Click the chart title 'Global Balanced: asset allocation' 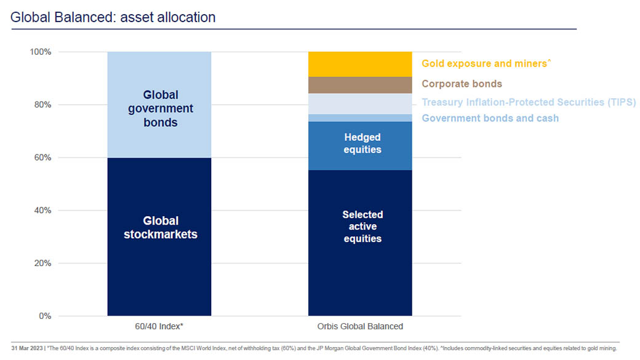pos(113,17)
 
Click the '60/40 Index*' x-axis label pos(159,326)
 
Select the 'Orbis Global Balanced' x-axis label pos(360,326)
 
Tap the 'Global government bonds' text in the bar pos(160,109)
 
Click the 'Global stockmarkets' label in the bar pos(160,227)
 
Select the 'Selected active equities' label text pos(362,226)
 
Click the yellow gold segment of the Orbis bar pos(360,64)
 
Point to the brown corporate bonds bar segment pos(360,85)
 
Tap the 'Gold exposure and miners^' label pos(484,63)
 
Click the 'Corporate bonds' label pos(462,84)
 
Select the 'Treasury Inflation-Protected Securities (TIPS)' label pos(529,102)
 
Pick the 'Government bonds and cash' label pos(490,118)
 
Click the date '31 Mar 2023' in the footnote pos(28,348)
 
